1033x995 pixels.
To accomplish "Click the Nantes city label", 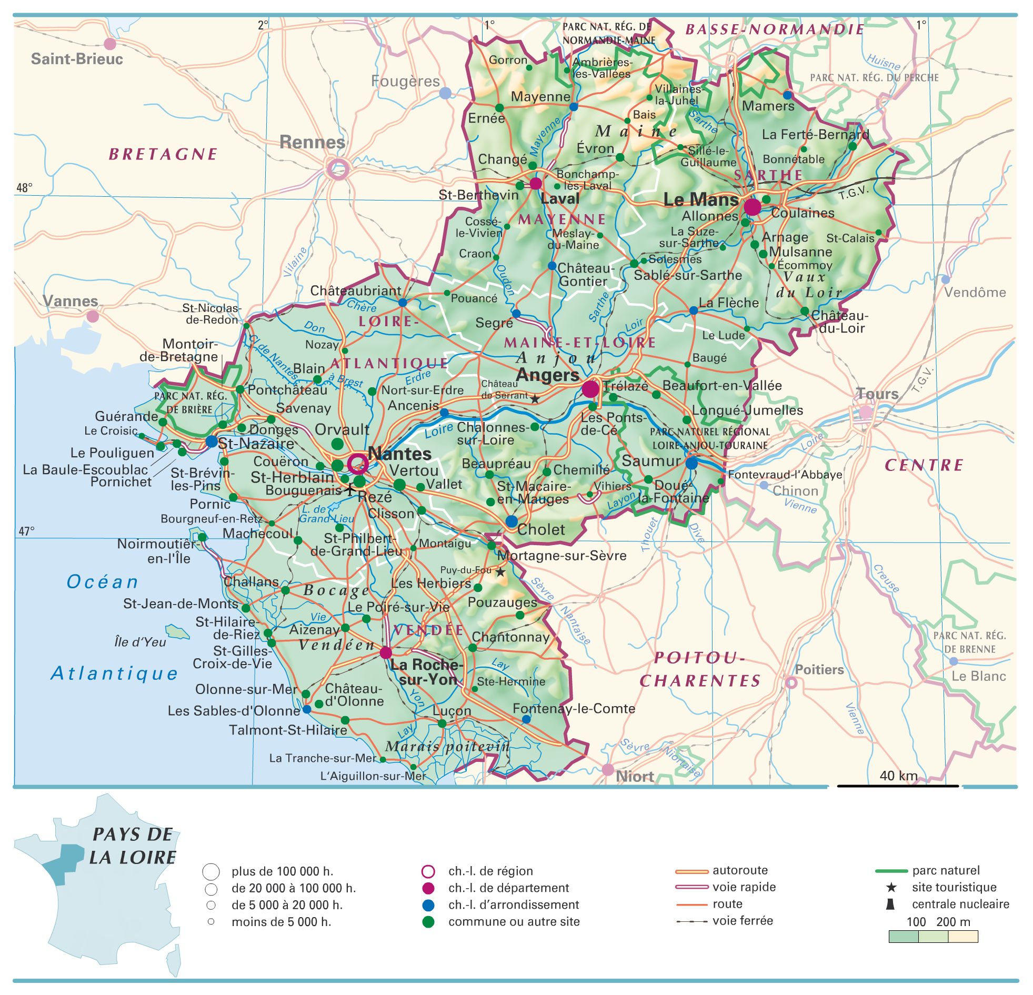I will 399,454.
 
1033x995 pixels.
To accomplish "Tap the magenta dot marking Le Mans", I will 752,207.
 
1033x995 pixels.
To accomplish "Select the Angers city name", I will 548,376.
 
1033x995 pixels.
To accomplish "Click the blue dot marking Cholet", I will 511,521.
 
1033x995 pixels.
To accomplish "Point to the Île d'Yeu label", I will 140,642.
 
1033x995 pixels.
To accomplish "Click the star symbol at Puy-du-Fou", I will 500,572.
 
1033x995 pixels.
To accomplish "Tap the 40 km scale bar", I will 898,786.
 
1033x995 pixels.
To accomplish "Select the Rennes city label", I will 312,142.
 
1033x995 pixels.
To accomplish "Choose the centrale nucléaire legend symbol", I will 890,904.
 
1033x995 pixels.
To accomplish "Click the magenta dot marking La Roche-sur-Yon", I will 386,652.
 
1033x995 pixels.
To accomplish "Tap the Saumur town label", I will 651,460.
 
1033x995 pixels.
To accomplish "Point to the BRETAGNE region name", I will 163,154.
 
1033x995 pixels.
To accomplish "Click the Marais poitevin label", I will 447,747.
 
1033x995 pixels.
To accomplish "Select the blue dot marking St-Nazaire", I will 212,441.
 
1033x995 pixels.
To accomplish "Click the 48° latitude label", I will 24,188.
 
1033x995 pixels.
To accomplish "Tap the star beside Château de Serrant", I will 535,399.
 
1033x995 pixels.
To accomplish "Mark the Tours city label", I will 877,394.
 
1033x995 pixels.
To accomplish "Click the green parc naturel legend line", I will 891,871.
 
